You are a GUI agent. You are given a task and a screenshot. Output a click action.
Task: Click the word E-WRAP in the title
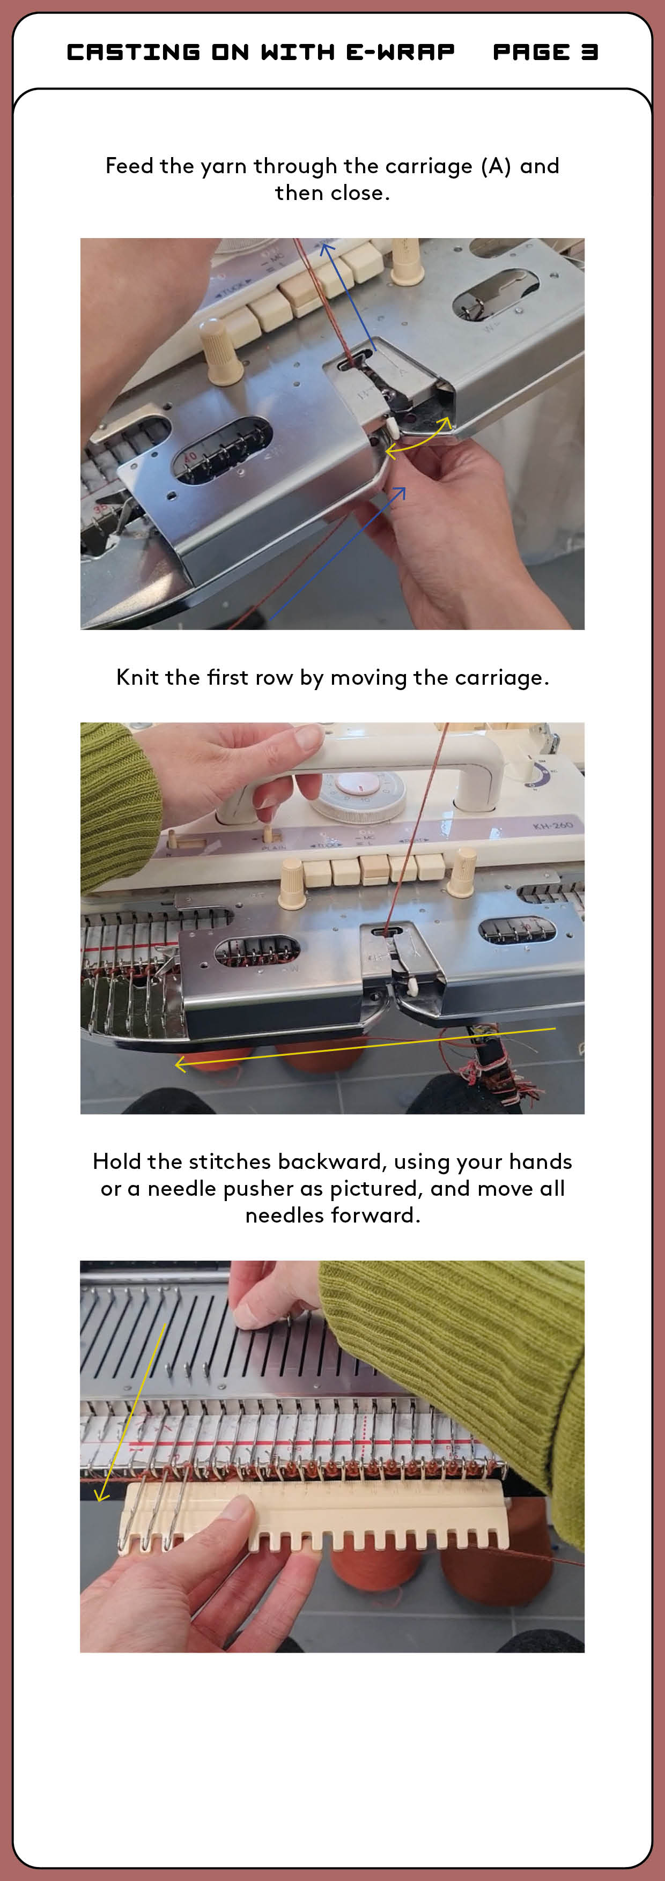400,52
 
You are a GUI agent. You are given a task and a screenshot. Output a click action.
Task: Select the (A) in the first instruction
496,166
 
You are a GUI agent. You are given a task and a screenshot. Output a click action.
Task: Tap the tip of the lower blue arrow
404,488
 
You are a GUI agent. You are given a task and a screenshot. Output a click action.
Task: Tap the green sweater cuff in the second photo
117,803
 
